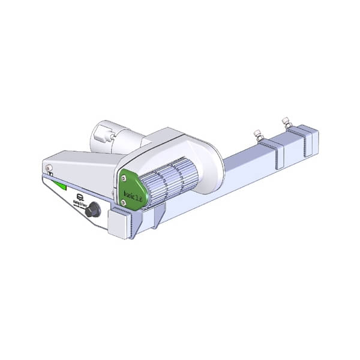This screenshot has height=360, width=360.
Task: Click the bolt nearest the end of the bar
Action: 287,122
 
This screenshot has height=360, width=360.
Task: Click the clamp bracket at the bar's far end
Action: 305,140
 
